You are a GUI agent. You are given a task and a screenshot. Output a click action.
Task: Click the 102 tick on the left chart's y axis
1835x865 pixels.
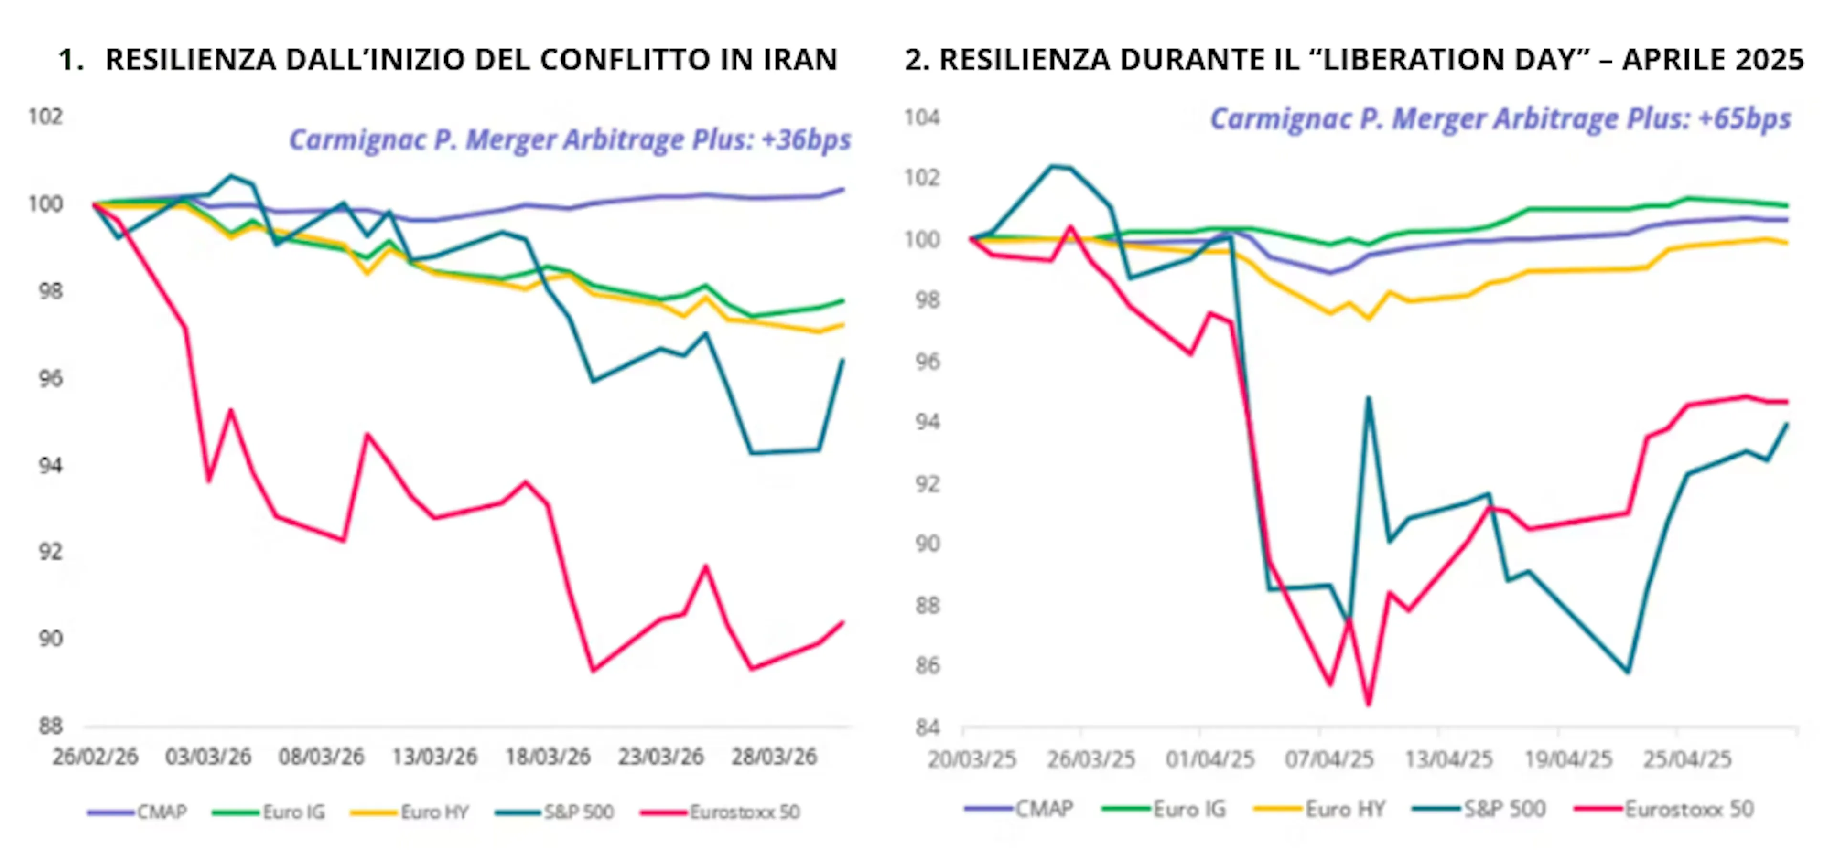pos(45,116)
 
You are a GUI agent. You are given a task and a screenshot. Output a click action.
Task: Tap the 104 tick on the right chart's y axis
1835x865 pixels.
pos(922,117)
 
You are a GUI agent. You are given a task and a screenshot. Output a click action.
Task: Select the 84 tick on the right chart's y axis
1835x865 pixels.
pos(927,727)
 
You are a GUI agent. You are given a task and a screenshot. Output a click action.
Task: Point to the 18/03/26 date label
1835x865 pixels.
pos(548,757)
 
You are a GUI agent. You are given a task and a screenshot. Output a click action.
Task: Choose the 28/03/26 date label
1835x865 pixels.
pos(774,757)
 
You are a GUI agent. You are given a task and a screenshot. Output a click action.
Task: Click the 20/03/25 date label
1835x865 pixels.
pos(971,759)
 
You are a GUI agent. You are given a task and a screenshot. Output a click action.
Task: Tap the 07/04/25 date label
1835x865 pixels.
pos(1329,759)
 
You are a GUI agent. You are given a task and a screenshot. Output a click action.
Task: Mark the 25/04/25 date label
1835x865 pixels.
pos(1687,759)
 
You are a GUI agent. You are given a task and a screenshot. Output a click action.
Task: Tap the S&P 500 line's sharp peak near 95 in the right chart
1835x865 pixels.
pos(1369,397)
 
